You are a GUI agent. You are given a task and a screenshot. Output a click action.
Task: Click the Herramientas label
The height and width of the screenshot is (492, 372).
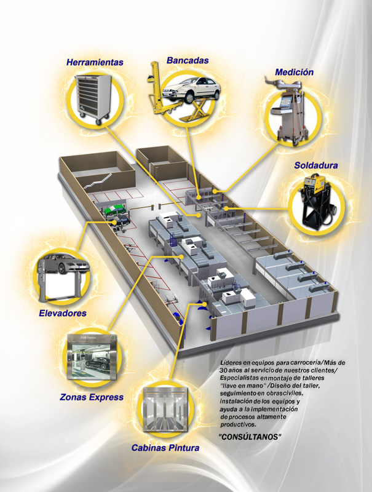(x=95, y=62)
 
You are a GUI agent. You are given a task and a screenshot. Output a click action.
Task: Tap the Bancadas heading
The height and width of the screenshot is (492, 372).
(x=188, y=60)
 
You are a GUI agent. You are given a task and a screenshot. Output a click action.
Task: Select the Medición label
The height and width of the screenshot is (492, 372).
(x=294, y=72)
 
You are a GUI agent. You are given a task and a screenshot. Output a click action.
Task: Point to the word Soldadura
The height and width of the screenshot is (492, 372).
(x=316, y=165)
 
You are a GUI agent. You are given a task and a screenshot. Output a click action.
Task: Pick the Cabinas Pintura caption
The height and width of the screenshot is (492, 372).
(x=165, y=448)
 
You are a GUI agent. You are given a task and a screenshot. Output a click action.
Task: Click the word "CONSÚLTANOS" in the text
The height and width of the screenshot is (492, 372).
(x=250, y=437)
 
